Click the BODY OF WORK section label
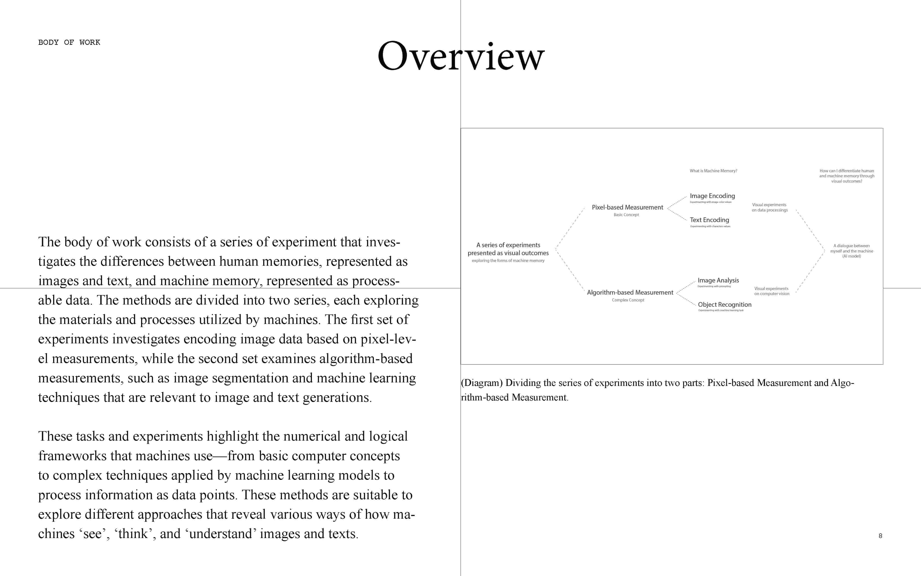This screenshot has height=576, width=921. pyautogui.click(x=69, y=42)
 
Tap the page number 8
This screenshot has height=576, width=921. pyautogui.click(x=880, y=536)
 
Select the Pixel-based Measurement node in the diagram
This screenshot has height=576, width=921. pyautogui.click(x=627, y=207)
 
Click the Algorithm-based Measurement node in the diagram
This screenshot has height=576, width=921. pyautogui.click(x=630, y=292)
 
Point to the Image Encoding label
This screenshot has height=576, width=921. pyautogui.click(x=712, y=196)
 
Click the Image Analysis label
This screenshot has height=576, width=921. pyautogui.click(x=718, y=280)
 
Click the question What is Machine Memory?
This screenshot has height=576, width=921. pyautogui.click(x=713, y=171)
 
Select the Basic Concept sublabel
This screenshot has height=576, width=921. pyautogui.click(x=626, y=215)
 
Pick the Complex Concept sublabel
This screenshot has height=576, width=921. pyautogui.click(x=628, y=300)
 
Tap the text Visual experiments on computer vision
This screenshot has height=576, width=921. pyautogui.click(x=771, y=291)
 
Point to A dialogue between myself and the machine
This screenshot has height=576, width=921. pyautogui.click(x=851, y=251)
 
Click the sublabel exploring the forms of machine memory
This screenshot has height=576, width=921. pyautogui.click(x=508, y=261)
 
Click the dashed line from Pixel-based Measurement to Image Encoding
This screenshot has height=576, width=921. pyautogui.click(x=677, y=202)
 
